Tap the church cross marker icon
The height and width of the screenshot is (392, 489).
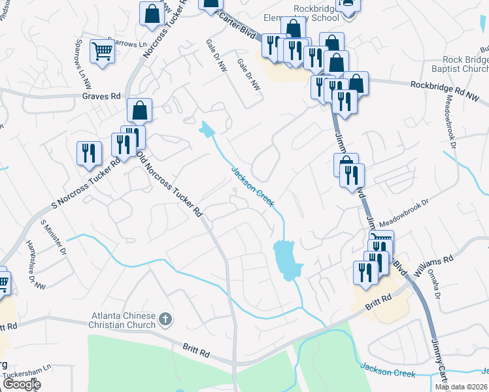coord(165,319)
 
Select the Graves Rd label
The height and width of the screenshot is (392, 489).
coord(101,96)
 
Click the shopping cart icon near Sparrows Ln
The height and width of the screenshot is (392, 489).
coord(102,51)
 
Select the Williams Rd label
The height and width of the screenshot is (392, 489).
coord(439,260)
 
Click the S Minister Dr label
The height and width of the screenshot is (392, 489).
coord(54,237)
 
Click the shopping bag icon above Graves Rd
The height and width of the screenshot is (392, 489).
coord(139,110)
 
